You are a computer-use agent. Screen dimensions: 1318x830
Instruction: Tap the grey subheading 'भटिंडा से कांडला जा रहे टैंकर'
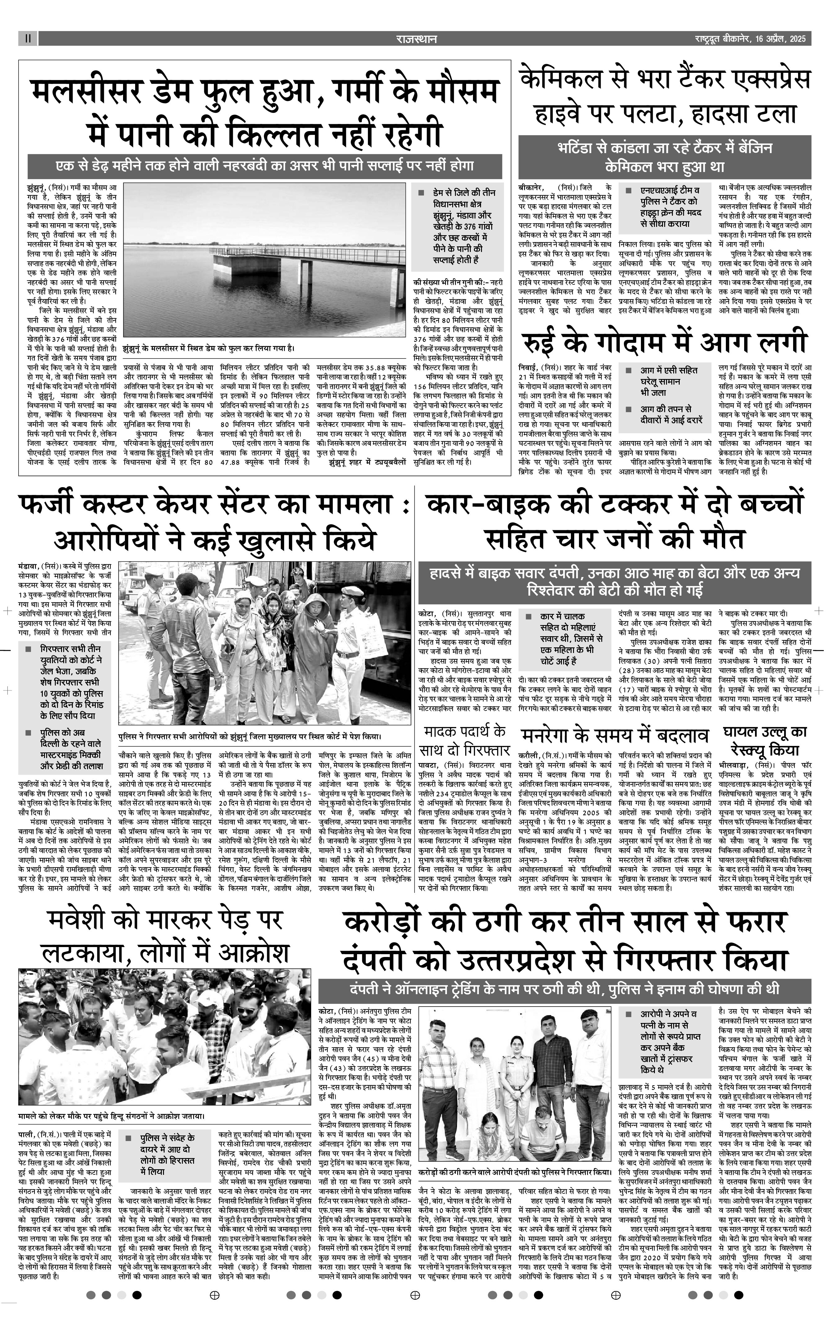[x=665, y=157]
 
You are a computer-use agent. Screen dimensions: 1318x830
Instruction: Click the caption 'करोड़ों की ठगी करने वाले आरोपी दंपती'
[x=515, y=1157]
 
